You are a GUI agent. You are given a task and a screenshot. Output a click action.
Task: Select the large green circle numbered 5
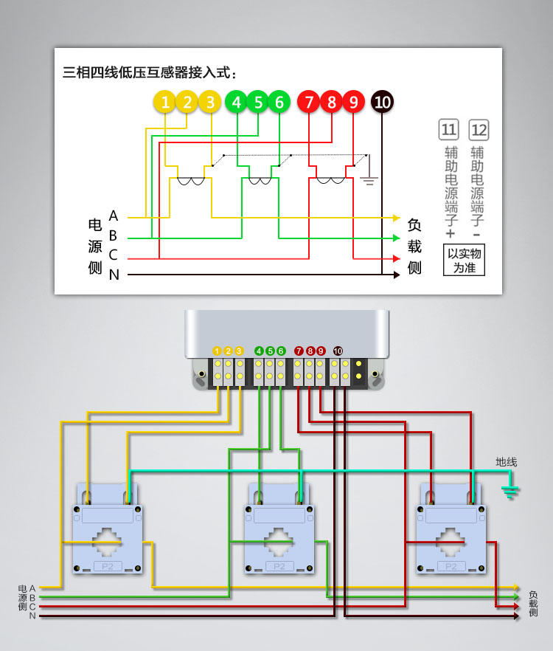(258, 103)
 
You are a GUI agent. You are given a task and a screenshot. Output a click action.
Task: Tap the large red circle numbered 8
(331, 103)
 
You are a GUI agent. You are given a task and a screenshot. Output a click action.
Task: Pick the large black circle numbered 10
(382, 103)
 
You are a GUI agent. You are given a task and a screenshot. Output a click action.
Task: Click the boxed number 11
(448, 131)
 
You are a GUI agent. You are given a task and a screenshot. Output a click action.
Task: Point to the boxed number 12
(479, 131)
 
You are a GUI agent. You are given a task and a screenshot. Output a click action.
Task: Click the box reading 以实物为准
(465, 261)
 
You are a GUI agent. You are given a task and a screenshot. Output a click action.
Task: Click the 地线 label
(506, 462)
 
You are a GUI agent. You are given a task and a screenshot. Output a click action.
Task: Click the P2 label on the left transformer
(108, 566)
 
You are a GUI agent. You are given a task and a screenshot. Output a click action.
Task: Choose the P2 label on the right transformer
(451, 566)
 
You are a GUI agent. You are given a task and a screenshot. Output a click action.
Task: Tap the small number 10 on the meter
(338, 351)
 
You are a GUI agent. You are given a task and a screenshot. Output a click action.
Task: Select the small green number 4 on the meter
(259, 351)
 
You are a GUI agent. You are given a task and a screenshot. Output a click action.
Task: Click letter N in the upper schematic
(114, 275)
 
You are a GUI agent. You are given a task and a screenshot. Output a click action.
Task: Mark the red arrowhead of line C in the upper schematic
(396, 258)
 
